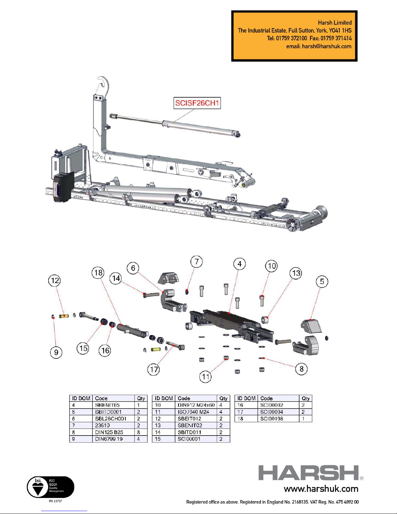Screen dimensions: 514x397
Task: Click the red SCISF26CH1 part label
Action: click(197, 103)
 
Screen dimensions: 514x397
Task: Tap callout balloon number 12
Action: click(55, 280)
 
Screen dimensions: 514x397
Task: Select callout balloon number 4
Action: click(239, 264)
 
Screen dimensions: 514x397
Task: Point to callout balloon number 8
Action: click(301, 369)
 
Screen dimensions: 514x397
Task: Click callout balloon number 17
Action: click(154, 369)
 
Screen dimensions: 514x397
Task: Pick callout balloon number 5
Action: click(322, 281)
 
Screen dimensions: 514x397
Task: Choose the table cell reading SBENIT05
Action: click(107, 405)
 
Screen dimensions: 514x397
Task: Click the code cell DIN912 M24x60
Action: click(196, 405)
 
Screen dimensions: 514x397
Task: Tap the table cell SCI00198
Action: click(272, 419)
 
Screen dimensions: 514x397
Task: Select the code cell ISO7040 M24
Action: click(193, 412)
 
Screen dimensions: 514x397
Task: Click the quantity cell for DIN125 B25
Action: click(139, 432)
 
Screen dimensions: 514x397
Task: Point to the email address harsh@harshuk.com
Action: click(326, 46)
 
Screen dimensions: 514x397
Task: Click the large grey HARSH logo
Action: click(309, 473)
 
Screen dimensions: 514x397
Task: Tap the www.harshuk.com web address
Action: click(321, 489)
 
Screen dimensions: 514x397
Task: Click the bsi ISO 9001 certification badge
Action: click(50, 487)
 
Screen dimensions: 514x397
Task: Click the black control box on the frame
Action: click(63, 187)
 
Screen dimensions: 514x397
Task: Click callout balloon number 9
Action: click(56, 352)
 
